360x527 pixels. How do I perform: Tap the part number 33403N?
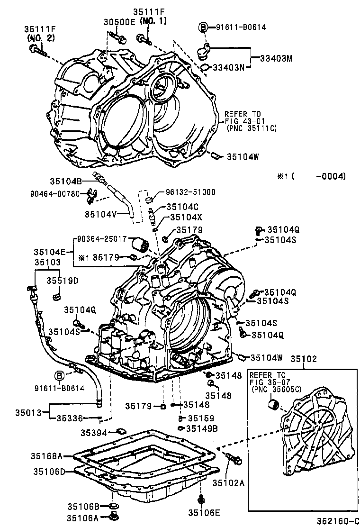228,67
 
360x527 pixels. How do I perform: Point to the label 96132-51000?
190,192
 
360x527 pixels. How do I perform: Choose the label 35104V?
100,214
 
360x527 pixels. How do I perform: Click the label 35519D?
62,281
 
